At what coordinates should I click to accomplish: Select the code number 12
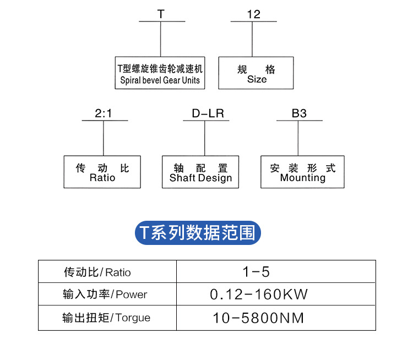253,15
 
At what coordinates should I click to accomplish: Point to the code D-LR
208,114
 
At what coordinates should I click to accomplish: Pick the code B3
299,114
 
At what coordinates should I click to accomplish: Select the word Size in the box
257,79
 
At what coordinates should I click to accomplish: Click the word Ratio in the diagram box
102,178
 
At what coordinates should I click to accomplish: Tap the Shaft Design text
200,178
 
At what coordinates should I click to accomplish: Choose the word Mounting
303,178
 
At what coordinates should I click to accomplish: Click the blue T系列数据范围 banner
198,233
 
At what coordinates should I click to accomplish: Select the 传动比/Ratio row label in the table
97,272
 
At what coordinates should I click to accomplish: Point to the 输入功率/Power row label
105,294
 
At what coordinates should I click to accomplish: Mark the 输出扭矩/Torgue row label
106,318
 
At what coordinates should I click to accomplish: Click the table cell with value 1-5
256,272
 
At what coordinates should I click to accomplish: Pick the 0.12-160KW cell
259,294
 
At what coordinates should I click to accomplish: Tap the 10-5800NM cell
258,318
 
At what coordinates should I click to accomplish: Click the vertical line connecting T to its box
160,39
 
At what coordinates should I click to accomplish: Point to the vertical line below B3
298,138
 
